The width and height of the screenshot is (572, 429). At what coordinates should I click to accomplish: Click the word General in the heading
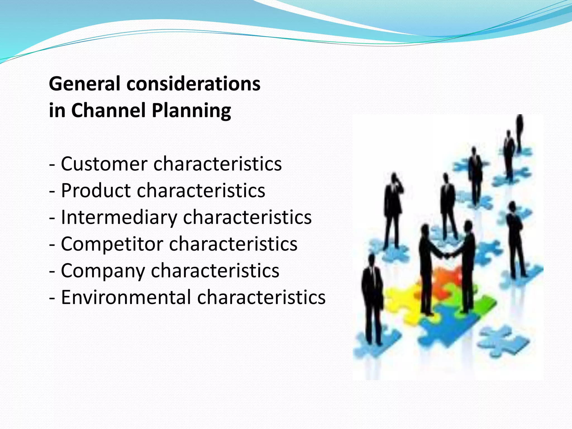(85, 84)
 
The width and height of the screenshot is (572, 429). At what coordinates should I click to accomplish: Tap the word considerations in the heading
(193, 84)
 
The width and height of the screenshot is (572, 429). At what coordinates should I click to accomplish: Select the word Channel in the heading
(109, 110)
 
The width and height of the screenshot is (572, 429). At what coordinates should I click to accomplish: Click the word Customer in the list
(104, 164)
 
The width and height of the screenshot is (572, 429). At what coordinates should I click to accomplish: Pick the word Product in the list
(96, 190)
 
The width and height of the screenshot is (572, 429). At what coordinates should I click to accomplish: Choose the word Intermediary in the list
(119, 217)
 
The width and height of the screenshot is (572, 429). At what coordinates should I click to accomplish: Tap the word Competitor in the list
(112, 244)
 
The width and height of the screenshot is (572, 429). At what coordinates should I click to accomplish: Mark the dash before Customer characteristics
(52, 165)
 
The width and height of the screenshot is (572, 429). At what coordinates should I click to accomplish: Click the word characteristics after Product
(201, 190)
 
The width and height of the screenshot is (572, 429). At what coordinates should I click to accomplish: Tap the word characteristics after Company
(215, 270)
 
